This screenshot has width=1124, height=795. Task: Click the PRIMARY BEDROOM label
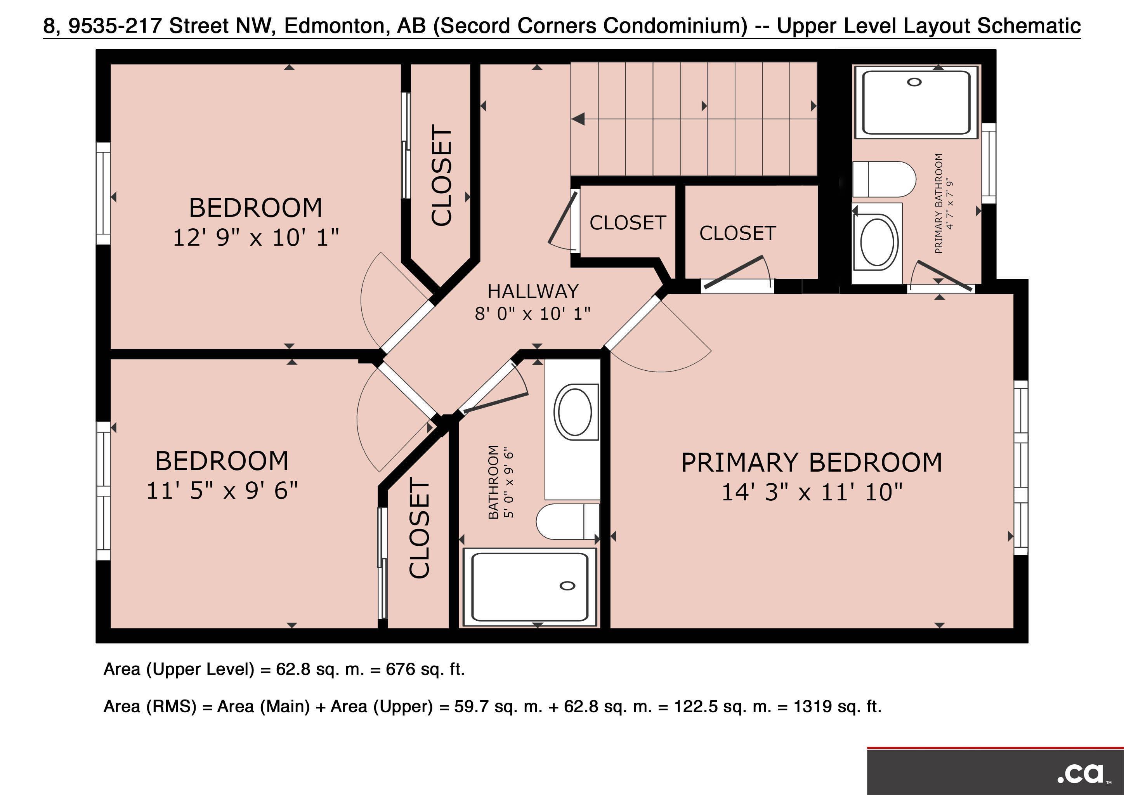pyautogui.click(x=812, y=463)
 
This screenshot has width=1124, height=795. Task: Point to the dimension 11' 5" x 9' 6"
pyautogui.click(x=222, y=490)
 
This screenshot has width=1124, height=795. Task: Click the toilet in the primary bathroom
pyautogui.click(x=884, y=179)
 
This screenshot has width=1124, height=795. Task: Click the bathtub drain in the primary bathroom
pyautogui.click(x=914, y=82)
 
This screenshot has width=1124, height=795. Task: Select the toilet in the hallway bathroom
pyautogui.click(x=568, y=521)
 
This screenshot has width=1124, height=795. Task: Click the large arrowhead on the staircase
pyautogui.click(x=578, y=118)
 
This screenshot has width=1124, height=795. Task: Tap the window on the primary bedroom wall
pyautogui.click(x=1021, y=467)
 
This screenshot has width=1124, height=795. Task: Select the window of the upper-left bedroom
pyautogui.click(x=103, y=193)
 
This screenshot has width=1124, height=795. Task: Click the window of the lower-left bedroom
pyautogui.click(x=103, y=491)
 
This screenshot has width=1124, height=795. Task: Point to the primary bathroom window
pyautogui.click(x=989, y=163)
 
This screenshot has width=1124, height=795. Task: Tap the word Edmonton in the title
pyautogui.click(x=337, y=26)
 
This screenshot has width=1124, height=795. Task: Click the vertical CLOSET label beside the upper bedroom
pyautogui.click(x=442, y=175)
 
